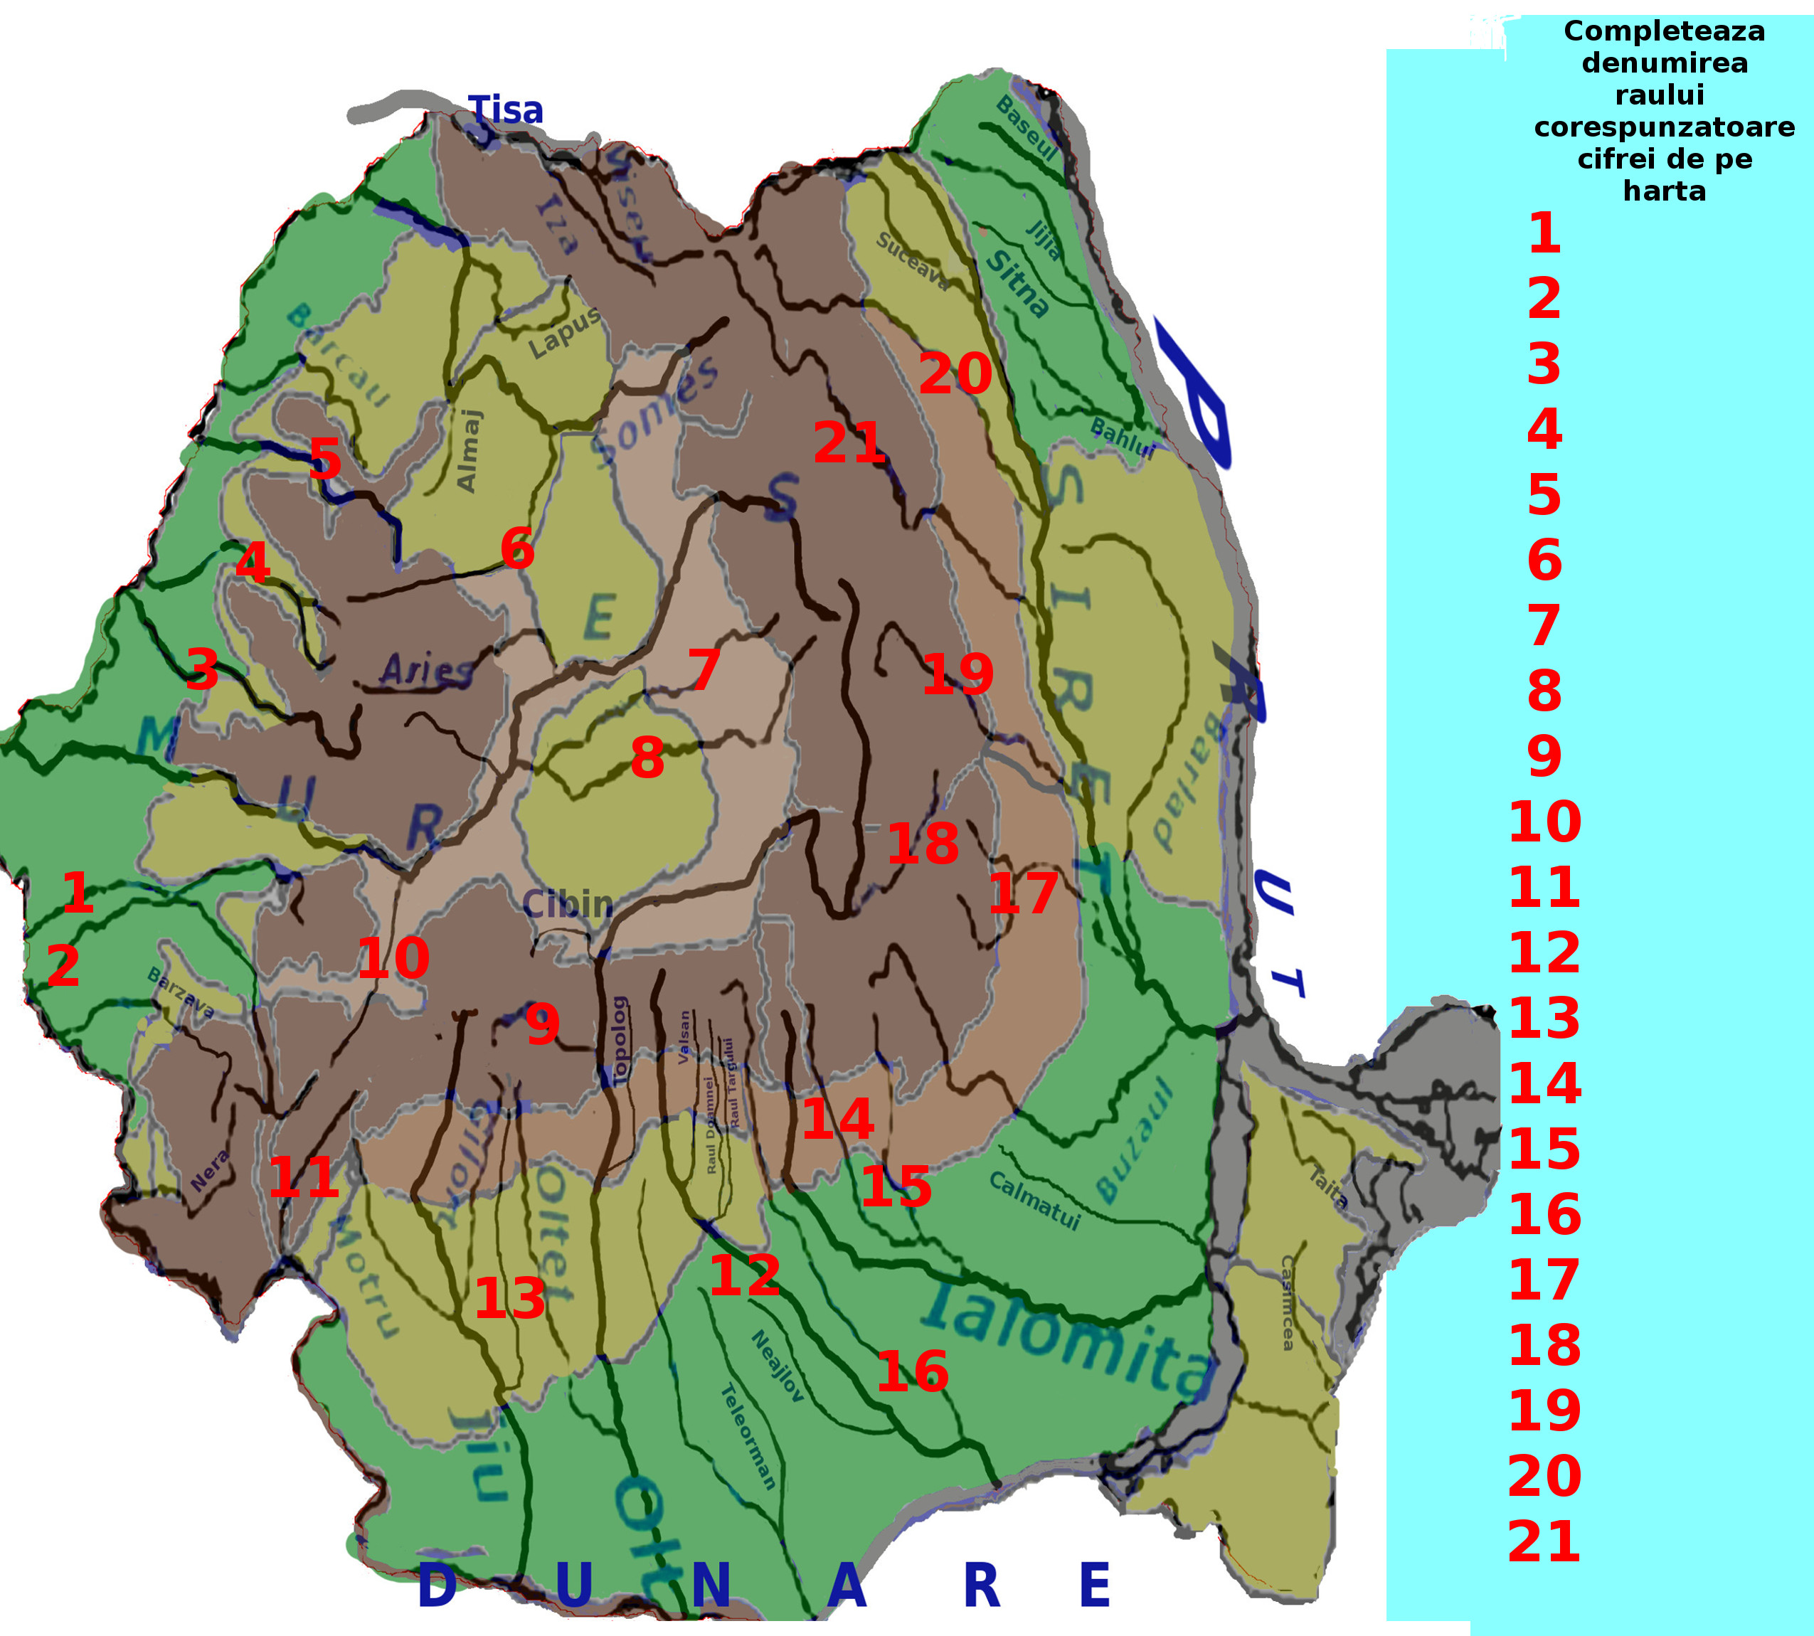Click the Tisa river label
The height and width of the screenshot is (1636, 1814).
(506, 110)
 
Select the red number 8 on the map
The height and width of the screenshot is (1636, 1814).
(647, 758)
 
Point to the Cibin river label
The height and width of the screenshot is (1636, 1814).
(567, 903)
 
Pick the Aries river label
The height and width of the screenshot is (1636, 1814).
(426, 669)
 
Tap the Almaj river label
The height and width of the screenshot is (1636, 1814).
(470, 450)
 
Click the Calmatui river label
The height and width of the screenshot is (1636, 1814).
(1034, 1199)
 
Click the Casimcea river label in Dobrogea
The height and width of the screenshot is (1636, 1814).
(1288, 1302)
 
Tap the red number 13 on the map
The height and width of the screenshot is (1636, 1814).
(509, 1298)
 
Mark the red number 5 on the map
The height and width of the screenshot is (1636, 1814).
(324, 460)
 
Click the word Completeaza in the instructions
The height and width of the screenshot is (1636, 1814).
(1664, 31)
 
